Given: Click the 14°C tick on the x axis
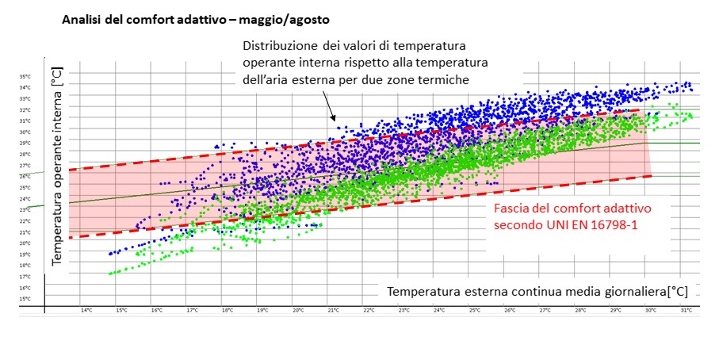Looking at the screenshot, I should (85, 310).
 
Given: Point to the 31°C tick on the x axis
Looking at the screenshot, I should (686, 310).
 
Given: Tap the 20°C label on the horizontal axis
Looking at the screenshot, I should (298, 310).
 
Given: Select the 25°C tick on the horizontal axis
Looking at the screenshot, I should (474, 310).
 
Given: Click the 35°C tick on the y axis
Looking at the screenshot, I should (25, 76).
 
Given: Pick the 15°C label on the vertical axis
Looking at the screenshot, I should (25, 299).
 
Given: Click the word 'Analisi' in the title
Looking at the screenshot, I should (82, 17).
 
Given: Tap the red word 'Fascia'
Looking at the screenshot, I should (512, 209).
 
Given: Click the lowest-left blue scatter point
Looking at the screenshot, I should (111, 254).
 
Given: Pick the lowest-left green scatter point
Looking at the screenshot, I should (110, 274).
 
